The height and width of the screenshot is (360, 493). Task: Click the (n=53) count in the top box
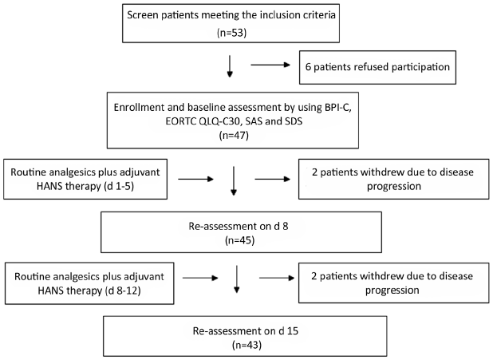[231, 33]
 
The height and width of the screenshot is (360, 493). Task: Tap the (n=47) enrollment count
[234, 136]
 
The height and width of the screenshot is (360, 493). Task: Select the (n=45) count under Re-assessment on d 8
[239, 240]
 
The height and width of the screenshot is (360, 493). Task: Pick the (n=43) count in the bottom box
[246, 345]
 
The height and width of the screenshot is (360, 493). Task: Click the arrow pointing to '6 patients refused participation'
[270, 65]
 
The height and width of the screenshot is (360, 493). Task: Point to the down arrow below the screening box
[230, 66]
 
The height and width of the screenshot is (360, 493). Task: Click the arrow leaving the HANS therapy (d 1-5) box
[196, 179]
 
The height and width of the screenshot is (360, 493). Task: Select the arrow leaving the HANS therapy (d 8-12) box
[200, 278]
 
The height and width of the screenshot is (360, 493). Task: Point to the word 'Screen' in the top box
[143, 15]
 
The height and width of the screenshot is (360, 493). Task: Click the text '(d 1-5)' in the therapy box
[119, 186]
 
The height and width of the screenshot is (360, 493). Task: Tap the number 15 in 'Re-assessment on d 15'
[293, 330]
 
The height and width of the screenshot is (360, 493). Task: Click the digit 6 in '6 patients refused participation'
[308, 67]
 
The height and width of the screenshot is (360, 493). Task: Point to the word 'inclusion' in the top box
[279, 15]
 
